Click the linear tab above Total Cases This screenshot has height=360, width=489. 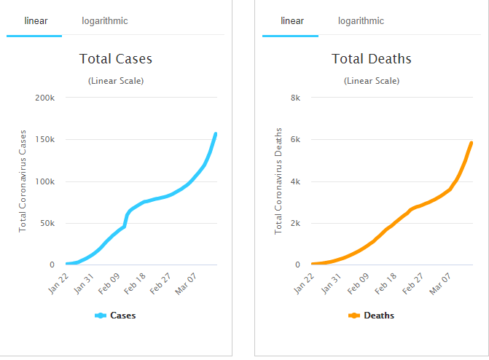(34, 21)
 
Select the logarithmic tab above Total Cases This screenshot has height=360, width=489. (104, 21)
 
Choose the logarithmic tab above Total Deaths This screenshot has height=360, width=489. (361, 21)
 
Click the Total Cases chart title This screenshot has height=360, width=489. (116, 59)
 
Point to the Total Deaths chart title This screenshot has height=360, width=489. (372, 59)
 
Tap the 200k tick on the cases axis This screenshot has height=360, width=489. (44, 98)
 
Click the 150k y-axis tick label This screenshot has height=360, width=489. (44, 140)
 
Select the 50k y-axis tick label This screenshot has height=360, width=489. (47, 224)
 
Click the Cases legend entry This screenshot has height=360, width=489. (116, 316)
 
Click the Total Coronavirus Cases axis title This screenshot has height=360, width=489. (23, 181)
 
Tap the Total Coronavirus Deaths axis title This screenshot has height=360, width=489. (278, 181)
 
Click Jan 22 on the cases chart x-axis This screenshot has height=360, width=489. (58, 281)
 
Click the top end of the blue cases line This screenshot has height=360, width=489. (216, 134)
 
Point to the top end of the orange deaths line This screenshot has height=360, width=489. (472, 143)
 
